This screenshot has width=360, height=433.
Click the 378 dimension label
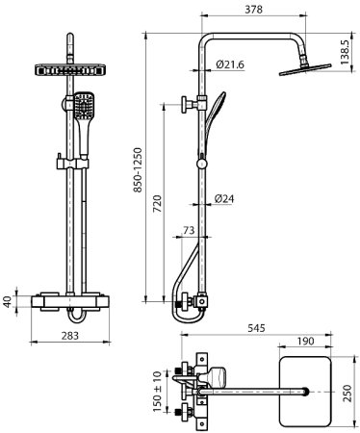[x=253, y=10]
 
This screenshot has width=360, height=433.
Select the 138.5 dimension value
[x=345, y=52]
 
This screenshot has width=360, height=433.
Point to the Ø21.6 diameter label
[x=230, y=64]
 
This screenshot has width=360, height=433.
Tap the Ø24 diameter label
[x=224, y=199]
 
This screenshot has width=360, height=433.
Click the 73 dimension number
[x=189, y=230]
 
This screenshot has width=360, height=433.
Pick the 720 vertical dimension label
[x=157, y=203]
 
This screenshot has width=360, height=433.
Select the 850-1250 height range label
[x=138, y=170]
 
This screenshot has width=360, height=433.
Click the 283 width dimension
[x=70, y=336]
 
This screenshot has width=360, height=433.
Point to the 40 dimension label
[x=7, y=301]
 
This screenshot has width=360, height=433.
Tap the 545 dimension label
[x=257, y=328]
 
